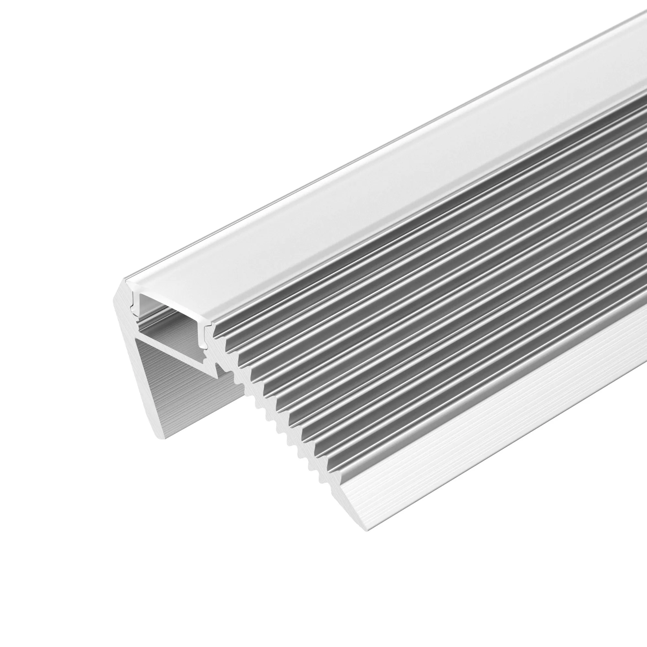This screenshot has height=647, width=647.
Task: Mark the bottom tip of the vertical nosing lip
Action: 161,437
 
